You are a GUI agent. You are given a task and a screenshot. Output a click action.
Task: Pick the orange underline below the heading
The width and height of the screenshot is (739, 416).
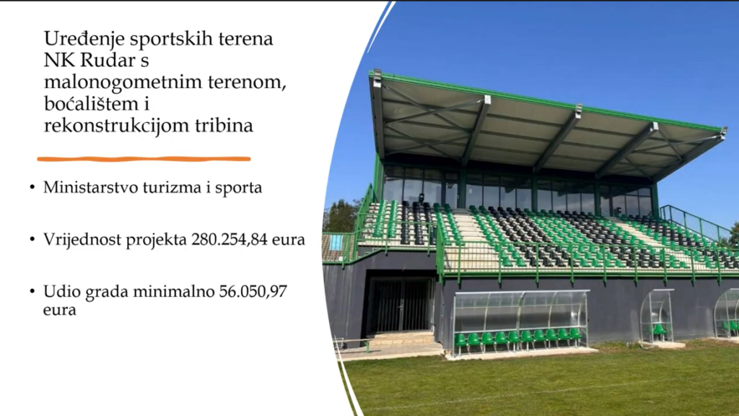144,159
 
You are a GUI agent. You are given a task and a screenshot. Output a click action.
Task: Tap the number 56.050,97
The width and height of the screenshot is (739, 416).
253,292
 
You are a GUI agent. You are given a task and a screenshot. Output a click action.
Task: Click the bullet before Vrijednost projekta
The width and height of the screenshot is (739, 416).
32,240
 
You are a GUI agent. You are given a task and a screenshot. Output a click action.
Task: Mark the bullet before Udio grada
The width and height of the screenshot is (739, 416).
32,292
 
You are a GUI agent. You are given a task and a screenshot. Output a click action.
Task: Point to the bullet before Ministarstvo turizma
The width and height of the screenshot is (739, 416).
32,187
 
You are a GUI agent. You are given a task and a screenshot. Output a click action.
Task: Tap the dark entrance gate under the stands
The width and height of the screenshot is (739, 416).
401,305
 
